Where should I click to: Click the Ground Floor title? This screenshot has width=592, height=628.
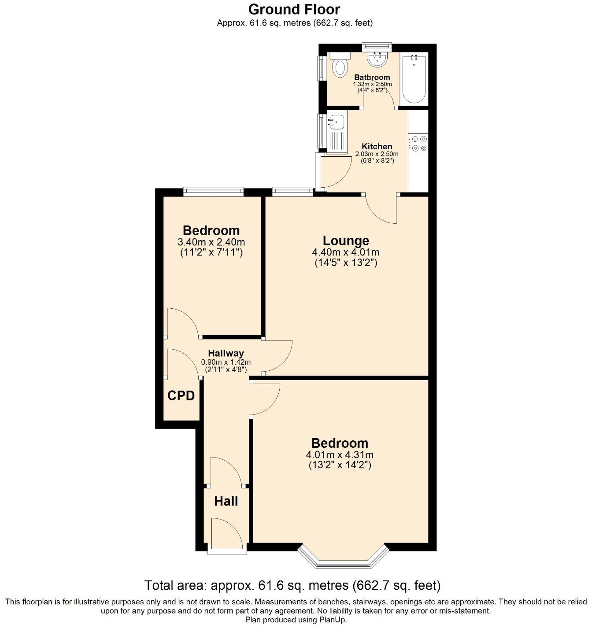click(x=294, y=9)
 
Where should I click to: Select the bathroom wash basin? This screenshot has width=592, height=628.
click(x=377, y=59)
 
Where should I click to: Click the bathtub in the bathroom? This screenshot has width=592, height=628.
click(x=414, y=78)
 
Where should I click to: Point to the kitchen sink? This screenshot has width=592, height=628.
click(x=337, y=121)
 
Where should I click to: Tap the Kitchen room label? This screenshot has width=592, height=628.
click(x=377, y=146)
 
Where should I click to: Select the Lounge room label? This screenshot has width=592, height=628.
click(x=346, y=240)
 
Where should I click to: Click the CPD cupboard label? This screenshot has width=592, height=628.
click(x=181, y=396)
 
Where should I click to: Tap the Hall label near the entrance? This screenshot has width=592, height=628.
click(x=226, y=501)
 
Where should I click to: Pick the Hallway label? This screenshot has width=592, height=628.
click(x=226, y=353)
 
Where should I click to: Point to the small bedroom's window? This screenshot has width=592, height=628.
click(x=213, y=191)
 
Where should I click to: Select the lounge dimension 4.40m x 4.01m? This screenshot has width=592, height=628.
click(x=346, y=252)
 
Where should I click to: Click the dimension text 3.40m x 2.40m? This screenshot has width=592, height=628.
click(x=211, y=242)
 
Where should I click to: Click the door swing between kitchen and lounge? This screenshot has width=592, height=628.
click(x=381, y=209)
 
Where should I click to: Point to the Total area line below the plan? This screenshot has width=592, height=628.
click(x=292, y=585)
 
